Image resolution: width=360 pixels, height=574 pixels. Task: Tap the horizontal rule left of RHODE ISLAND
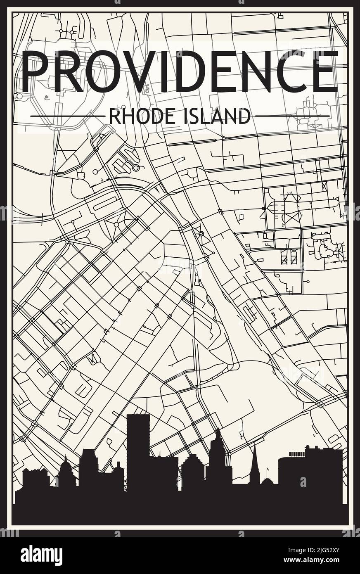(x=68, y=117)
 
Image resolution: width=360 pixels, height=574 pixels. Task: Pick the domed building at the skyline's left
(x=66, y=475)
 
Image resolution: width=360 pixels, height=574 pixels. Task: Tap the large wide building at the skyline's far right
(x=310, y=471)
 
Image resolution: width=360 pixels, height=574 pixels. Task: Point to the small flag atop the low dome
(x=268, y=469)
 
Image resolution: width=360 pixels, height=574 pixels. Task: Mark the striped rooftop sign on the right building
(x=295, y=454)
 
